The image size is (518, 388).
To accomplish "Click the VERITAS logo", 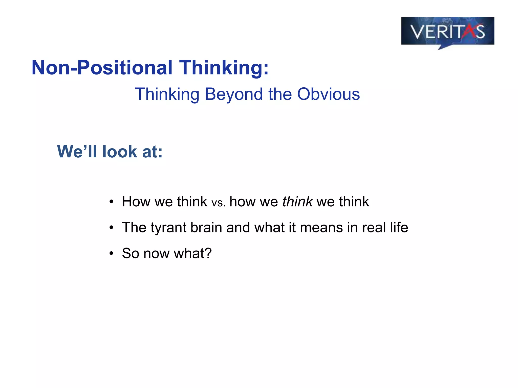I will (447, 32).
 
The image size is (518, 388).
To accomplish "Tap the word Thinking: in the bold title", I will (224, 68).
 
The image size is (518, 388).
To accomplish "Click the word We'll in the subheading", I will (77, 152).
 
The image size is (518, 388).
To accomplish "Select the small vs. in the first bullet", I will (218, 203).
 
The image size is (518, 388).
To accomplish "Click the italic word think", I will (297, 202).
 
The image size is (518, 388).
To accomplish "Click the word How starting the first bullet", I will (136, 202).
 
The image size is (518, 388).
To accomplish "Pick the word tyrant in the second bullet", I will (168, 228).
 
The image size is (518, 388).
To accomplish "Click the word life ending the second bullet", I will (399, 227).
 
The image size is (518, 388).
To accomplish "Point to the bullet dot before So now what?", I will (111, 253).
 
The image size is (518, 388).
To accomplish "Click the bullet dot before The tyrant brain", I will (111, 228).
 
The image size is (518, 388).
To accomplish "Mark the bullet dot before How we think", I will (111, 202).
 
